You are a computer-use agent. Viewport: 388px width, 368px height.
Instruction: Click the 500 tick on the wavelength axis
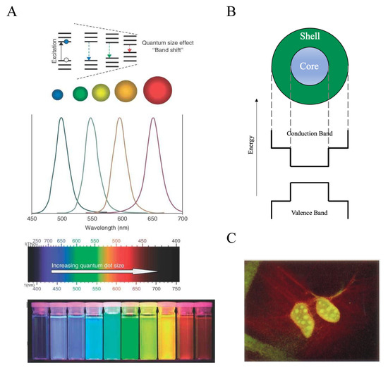[x=61, y=219]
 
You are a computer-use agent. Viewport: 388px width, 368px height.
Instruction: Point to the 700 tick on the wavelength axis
[x=182, y=219]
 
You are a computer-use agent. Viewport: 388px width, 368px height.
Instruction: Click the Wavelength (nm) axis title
[x=108, y=228]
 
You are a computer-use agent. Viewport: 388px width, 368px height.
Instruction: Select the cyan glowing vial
[x=94, y=331]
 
